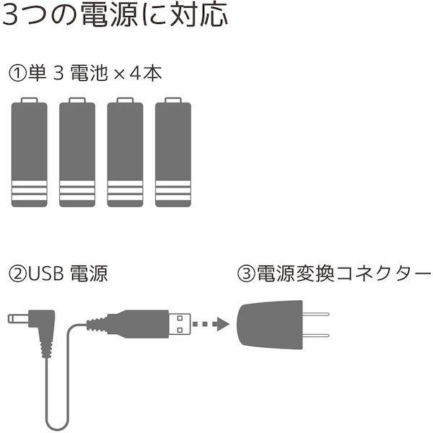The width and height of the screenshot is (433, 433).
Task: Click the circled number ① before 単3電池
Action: (17, 73)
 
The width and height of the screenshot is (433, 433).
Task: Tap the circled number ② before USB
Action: (17, 274)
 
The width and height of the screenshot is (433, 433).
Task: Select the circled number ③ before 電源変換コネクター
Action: (246, 274)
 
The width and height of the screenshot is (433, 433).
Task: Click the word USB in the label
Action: (46, 274)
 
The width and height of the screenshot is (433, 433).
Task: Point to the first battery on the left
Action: (30, 152)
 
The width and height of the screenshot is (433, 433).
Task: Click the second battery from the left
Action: (77, 152)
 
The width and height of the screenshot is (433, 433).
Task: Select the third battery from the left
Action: (126, 152)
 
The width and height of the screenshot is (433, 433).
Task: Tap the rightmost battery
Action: (173, 152)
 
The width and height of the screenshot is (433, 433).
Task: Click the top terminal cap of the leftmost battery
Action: (30, 100)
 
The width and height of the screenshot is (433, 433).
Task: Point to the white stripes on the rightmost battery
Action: (173, 191)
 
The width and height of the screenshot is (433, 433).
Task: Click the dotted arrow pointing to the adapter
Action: (211, 324)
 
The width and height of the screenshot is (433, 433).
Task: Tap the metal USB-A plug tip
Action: (180, 324)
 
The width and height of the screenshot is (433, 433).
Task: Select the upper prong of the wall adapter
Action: (316, 314)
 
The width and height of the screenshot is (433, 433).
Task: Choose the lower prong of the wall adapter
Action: (316, 336)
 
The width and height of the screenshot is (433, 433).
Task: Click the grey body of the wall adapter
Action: (270, 325)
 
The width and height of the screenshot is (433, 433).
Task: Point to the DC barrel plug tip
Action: (18, 319)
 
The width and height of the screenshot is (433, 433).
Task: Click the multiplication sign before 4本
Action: (119, 74)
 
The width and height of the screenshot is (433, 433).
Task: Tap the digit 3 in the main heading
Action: (10, 16)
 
